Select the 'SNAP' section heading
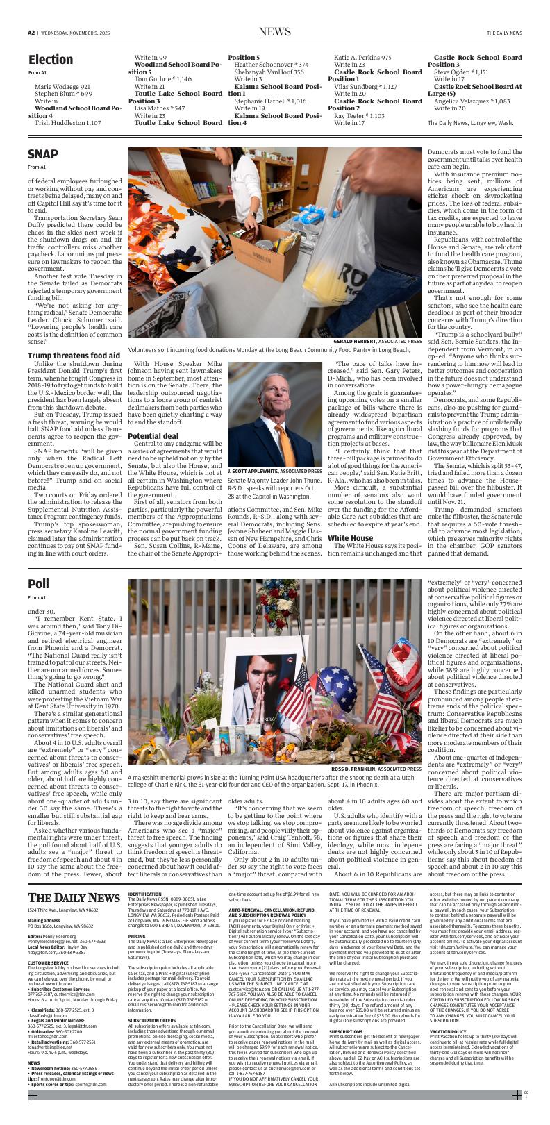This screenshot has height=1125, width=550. [x=42, y=153]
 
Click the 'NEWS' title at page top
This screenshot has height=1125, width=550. [x=274, y=32]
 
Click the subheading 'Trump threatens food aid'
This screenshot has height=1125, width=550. [x=74, y=356]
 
